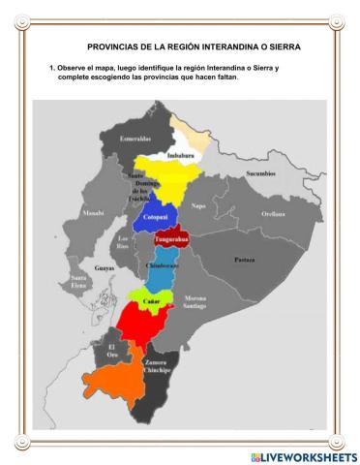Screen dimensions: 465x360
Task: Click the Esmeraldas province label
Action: click(135, 139)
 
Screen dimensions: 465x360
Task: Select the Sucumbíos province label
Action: click(260, 173)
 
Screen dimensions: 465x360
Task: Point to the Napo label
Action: click(197, 204)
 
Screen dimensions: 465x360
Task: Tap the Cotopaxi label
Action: click(157, 218)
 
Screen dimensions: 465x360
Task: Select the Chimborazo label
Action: click(162, 264)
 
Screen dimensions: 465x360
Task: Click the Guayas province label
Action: click(105, 267)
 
